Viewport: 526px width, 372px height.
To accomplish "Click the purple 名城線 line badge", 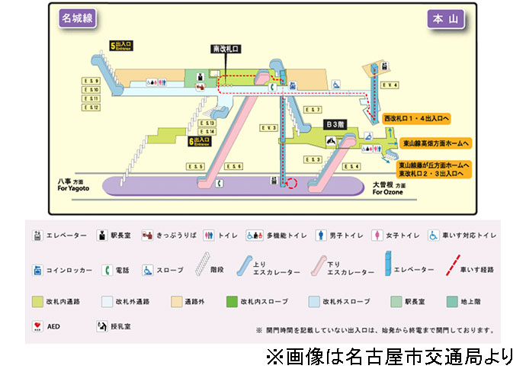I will [x=77, y=19].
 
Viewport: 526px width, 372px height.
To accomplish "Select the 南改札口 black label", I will [x=226, y=49].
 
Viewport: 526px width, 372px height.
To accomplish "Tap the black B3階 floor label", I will [x=336, y=123].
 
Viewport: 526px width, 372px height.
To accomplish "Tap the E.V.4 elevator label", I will [x=391, y=85].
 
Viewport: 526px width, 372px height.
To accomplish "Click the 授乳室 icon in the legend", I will [x=101, y=325].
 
